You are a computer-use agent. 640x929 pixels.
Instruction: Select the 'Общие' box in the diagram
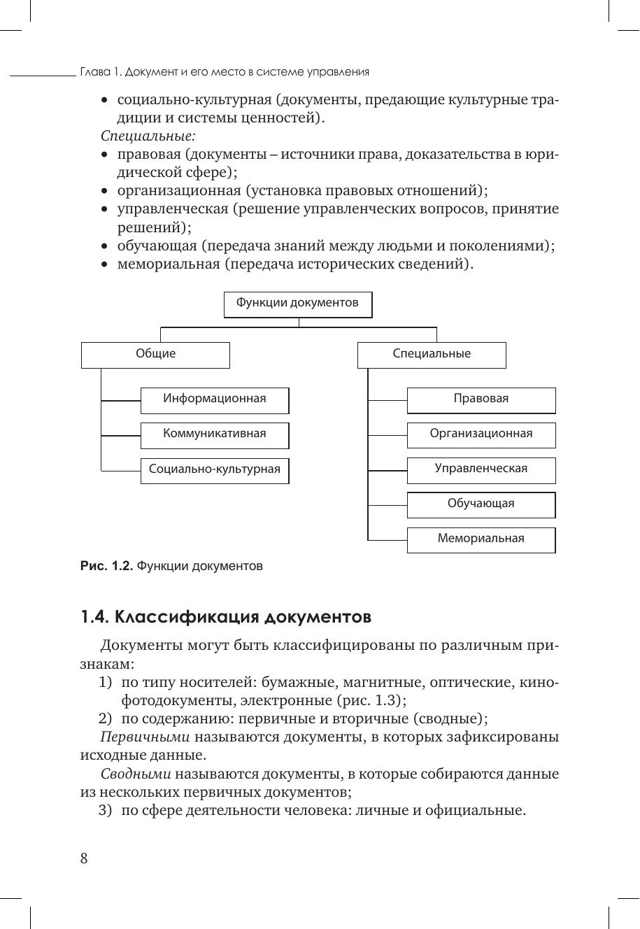point(155,355)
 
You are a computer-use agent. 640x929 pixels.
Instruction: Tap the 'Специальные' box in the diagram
point(432,355)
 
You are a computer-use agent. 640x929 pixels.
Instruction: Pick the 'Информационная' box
point(215,399)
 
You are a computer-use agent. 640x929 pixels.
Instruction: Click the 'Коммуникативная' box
point(215,434)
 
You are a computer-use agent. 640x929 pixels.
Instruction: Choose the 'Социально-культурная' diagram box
point(215,469)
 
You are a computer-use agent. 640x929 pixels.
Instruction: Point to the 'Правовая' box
point(481,399)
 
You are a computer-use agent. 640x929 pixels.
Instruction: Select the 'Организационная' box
point(481,434)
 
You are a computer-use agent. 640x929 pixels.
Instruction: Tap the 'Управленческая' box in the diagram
point(481,469)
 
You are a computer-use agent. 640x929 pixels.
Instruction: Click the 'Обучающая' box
point(481,504)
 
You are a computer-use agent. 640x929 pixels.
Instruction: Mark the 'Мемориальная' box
point(481,539)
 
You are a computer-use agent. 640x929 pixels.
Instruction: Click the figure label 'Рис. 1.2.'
point(106,567)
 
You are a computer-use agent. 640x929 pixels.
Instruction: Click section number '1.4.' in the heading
point(94,618)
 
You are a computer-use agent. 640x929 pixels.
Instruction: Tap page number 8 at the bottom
point(84,859)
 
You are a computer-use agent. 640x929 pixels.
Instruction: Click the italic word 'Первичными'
point(145,737)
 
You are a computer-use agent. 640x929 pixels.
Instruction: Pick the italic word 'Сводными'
point(136,774)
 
